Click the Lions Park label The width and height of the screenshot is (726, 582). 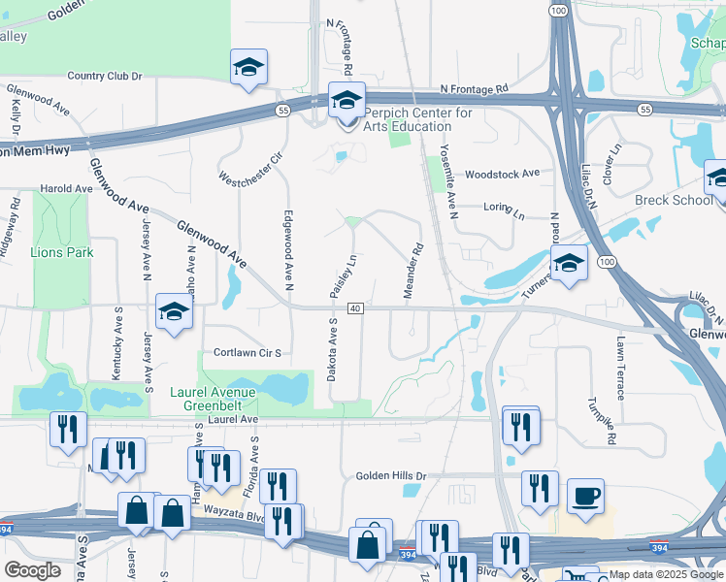click(62, 252)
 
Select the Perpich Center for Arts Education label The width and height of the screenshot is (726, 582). click(417, 119)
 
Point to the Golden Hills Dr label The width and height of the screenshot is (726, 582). click(391, 476)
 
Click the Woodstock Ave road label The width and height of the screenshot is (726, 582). click(502, 174)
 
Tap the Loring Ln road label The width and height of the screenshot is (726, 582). click(503, 207)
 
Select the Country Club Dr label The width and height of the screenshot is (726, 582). click(105, 76)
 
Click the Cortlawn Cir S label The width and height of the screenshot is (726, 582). click(247, 354)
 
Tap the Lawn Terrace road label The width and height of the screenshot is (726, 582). click(619, 368)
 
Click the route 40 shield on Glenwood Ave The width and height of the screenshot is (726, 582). click(356, 308)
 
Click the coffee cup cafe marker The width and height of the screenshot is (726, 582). click(584, 496)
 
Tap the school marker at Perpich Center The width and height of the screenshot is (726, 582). click(346, 100)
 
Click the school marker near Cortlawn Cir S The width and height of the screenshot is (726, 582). click(174, 312)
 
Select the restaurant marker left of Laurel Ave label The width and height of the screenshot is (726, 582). click(68, 428)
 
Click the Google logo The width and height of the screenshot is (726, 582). click(32, 570)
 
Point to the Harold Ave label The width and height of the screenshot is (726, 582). click(65, 188)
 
